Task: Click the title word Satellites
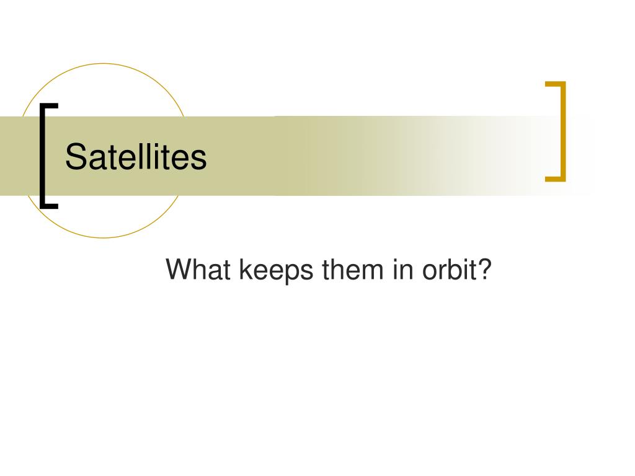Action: pyautogui.click(x=136, y=156)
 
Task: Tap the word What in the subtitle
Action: pyautogui.click(x=198, y=269)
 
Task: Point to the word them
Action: pyautogui.click(x=352, y=269)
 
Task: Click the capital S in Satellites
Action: pyautogui.click(x=76, y=156)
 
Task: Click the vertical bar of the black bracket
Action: pyautogui.click(x=43, y=156)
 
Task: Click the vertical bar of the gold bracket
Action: pyautogui.click(x=563, y=131)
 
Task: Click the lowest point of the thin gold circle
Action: pyautogui.click(x=104, y=237)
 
